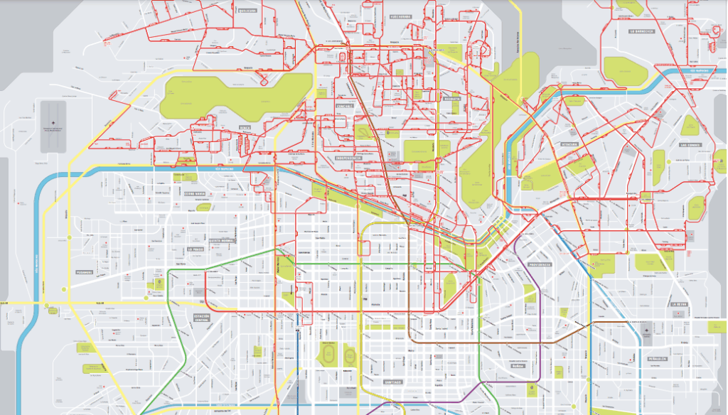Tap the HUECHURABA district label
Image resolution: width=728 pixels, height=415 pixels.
(x=400, y=16)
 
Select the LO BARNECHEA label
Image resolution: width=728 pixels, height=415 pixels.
(x=641, y=32)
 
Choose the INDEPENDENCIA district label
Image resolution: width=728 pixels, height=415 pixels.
(x=350, y=158)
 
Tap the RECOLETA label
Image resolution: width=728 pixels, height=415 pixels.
(x=451, y=100)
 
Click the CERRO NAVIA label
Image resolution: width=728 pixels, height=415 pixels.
(x=195, y=193)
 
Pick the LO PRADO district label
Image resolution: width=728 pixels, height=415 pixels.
(x=196, y=249)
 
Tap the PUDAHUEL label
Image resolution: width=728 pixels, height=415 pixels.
(x=85, y=271)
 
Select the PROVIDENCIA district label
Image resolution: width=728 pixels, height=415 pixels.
(x=542, y=264)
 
